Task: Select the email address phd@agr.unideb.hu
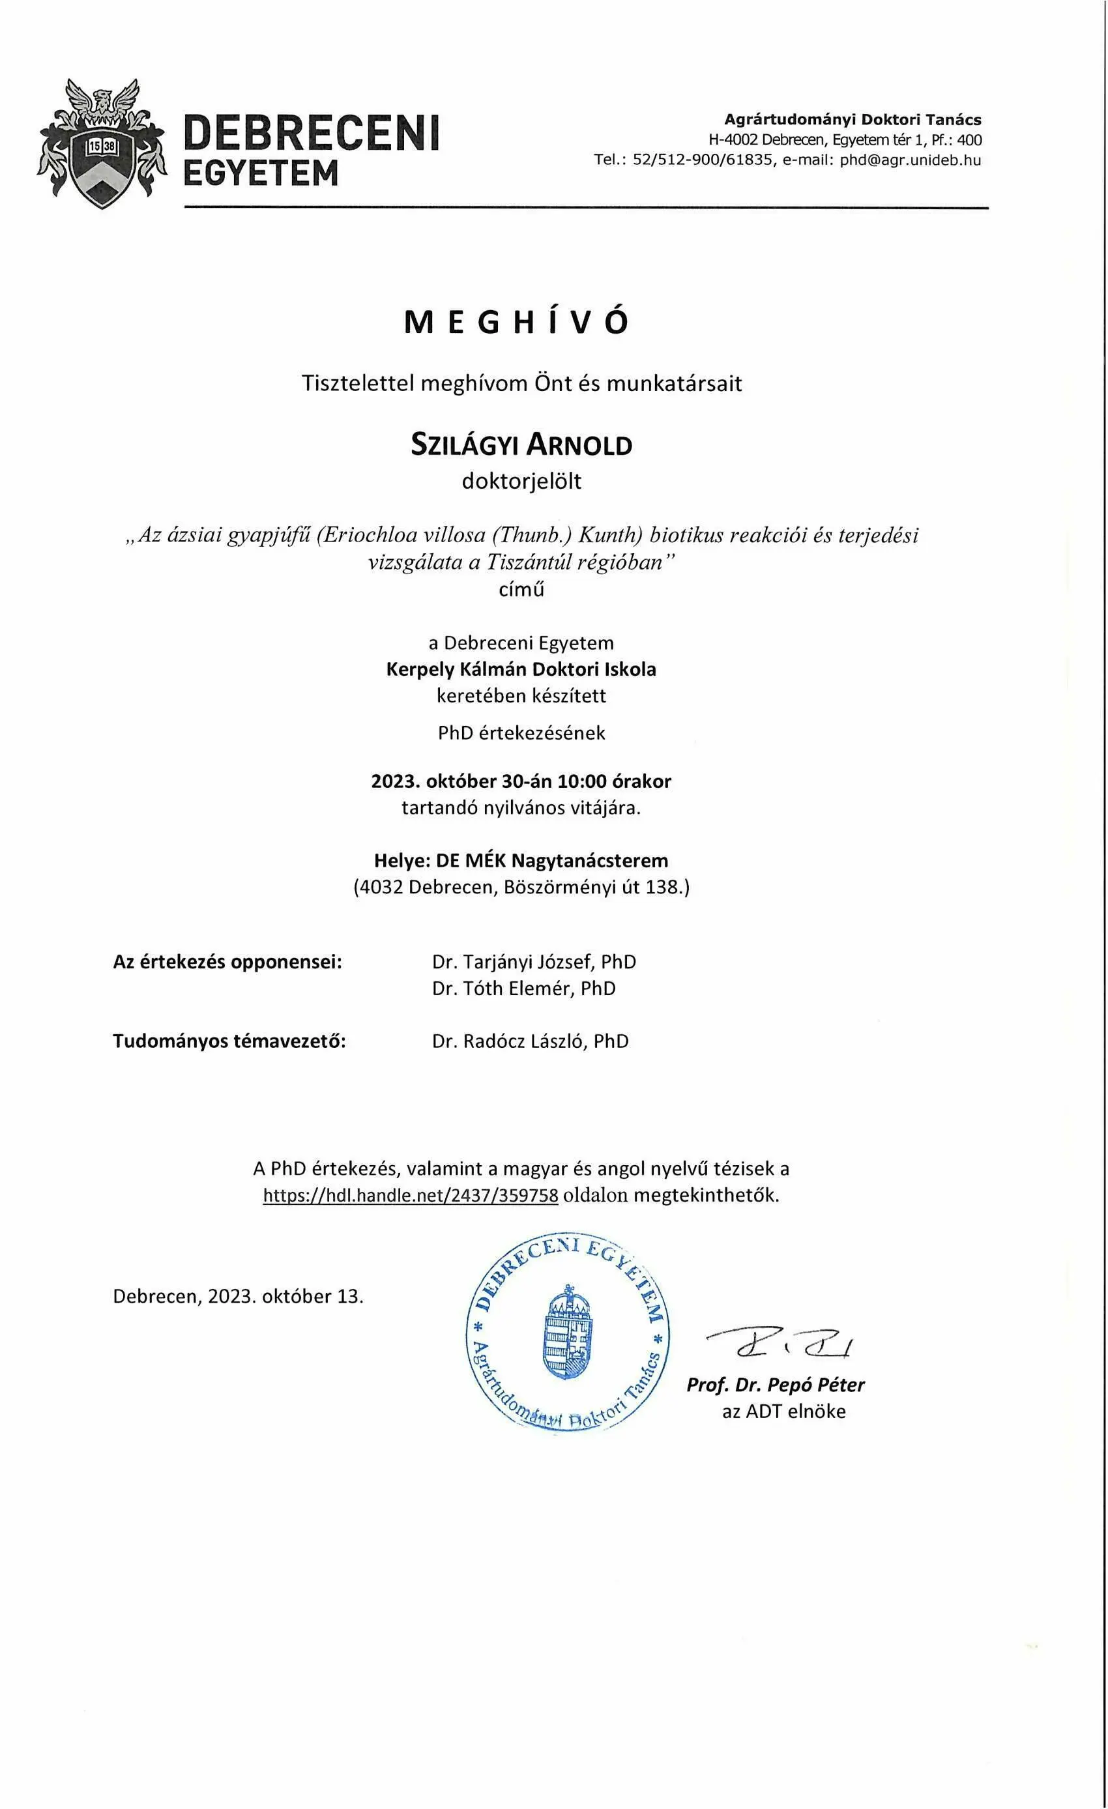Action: click(x=911, y=160)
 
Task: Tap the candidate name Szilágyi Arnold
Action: click(x=521, y=446)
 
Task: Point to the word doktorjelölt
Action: click(x=521, y=482)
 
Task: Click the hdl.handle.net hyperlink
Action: click(x=411, y=1194)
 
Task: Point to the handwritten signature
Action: click(x=778, y=1343)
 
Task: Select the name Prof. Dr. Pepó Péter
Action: click(x=776, y=1385)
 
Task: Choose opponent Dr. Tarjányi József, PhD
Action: click(x=534, y=962)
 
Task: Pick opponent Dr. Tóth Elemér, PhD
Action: click(x=523, y=988)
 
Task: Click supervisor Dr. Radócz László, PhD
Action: click(x=530, y=1041)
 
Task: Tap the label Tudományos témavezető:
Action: click(x=229, y=1041)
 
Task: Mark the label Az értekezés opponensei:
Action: click(x=227, y=962)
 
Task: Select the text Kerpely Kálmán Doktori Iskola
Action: click(x=521, y=669)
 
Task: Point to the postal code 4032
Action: click(x=379, y=887)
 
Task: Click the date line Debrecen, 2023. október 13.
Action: click(x=238, y=1295)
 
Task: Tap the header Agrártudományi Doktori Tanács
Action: click(x=853, y=120)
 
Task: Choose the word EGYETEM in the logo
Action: click(x=261, y=173)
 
